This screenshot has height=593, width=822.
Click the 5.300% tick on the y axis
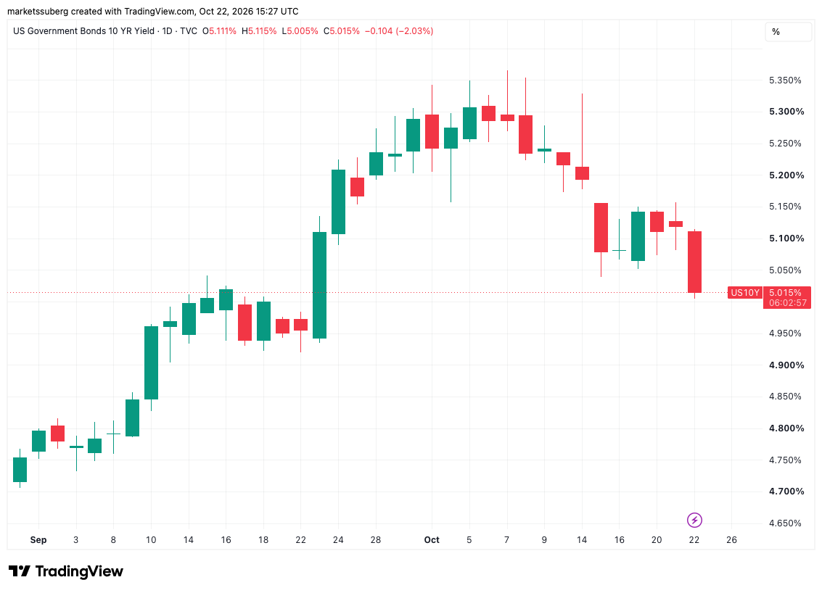[x=786, y=112]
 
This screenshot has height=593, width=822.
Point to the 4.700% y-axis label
[x=786, y=492]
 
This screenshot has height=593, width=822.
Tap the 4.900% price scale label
[x=786, y=365]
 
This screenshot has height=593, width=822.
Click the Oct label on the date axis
[x=432, y=539]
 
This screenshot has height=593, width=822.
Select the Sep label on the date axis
[x=38, y=539]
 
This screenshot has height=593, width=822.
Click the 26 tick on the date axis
[x=731, y=539]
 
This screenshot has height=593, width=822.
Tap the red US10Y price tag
[x=745, y=292]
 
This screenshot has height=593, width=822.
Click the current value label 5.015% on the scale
[x=785, y=292]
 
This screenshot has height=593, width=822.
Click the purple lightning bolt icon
[x=694, y=521]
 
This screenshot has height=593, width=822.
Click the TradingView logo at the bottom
[x=66, y=571]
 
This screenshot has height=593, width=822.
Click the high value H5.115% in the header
[x=259, y=31]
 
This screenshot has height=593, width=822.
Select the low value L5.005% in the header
[x=300, y=31]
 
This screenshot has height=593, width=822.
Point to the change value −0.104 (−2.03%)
[x=399, y=31]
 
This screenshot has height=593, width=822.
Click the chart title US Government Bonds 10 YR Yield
[x=84, y=31]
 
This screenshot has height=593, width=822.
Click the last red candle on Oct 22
[x=694, y=262]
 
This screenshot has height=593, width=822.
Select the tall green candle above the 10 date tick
[x=151, y=362]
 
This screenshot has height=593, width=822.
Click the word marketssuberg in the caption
[x=38, y=11]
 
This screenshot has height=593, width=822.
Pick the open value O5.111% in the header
[x=219, y=31]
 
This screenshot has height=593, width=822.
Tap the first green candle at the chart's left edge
[x=20, y=469]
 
